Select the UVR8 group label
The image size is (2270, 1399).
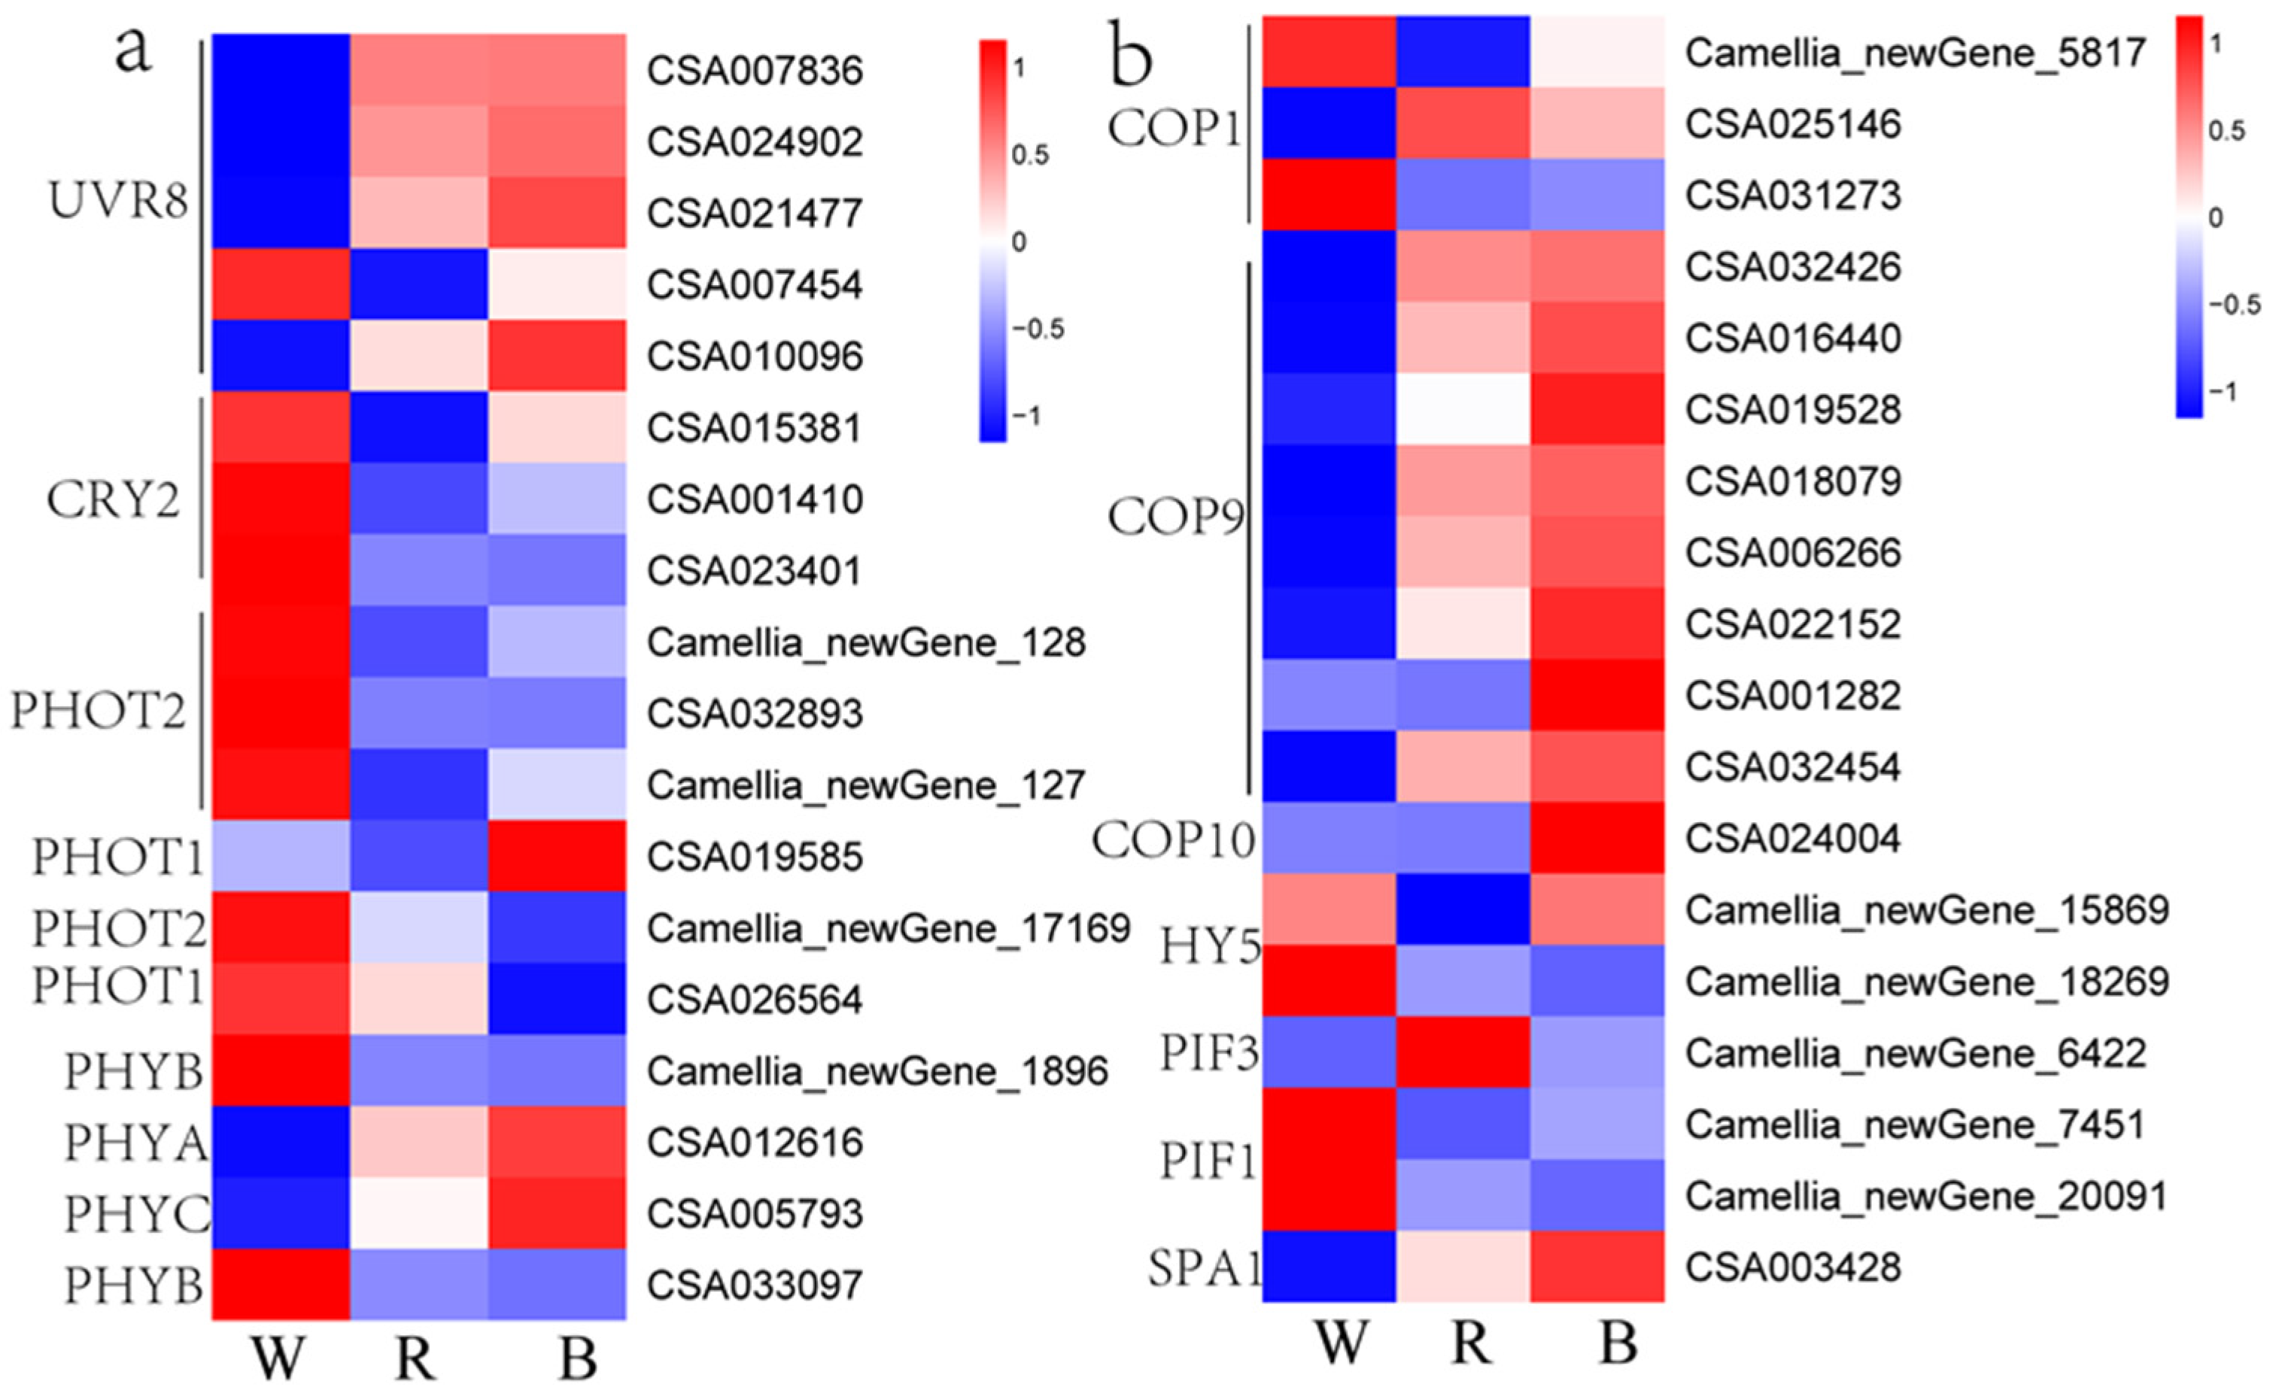pos(117,201)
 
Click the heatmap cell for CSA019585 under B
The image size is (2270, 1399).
pos(557,856)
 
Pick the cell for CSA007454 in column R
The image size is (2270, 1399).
pos(419,284)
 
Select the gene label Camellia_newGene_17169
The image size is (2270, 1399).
pos(889,928)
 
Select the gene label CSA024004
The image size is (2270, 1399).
pos(1792,839)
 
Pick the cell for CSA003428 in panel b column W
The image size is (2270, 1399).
pos(1329,1267)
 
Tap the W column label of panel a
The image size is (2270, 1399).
pos(278,1358)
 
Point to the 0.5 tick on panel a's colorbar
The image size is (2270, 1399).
pos(1030,154)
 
